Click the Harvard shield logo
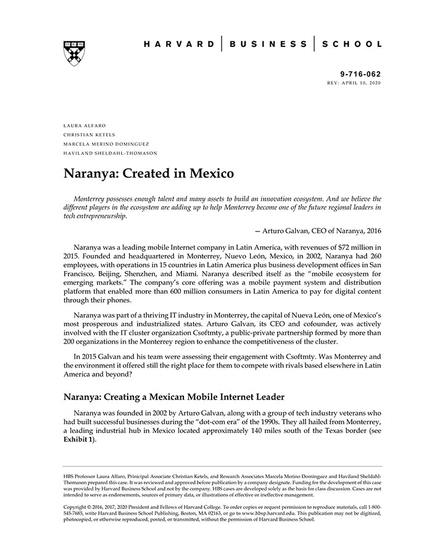[x=74, y=54]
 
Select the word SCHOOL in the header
[x=352, y=44]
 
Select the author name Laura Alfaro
[x=85, y=125]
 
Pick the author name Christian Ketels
[x=89, y=135]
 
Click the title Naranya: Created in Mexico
[x=149, y=173]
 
